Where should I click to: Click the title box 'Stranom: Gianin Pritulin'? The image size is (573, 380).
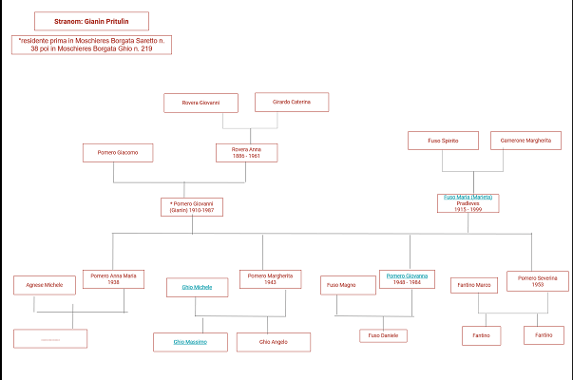(x=91, y=21)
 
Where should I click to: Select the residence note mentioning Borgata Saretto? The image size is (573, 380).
(x=91, y=45)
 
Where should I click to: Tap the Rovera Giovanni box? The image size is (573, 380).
(x=201, y=103)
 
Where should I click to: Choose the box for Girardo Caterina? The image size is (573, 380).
(x=292, y=102)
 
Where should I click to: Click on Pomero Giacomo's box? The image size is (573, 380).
(x=118, y=152)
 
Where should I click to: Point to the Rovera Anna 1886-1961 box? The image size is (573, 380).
(x=247, y=152)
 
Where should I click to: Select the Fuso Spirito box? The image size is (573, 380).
(x=443, y=141)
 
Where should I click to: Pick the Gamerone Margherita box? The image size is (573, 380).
(x=526, y=141)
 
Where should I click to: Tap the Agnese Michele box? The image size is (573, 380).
(x=44, y=285)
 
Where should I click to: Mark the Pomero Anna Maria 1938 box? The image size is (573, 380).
(x=114, y=278)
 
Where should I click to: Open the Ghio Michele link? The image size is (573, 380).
(x=197, y=286)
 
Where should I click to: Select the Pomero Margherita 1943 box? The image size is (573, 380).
(x=270, y=278)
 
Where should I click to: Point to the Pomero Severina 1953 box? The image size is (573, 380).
(x=538, y=280)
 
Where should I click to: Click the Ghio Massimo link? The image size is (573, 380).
(x=190, y=341)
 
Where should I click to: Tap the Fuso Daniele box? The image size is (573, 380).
(x=383, y=335)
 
